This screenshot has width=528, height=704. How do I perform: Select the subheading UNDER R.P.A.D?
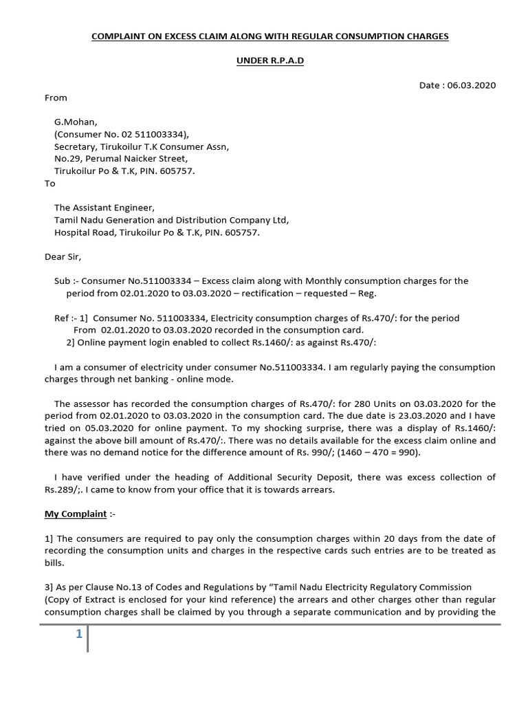(x=270, y=60)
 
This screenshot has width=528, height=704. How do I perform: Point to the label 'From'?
(x=56, y=98)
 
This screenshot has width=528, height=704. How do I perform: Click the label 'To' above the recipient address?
(x=50, y=184)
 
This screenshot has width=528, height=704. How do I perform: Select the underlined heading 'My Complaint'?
(x=76, y=514)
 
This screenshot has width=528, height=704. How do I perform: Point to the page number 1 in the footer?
(x=79, y=635)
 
